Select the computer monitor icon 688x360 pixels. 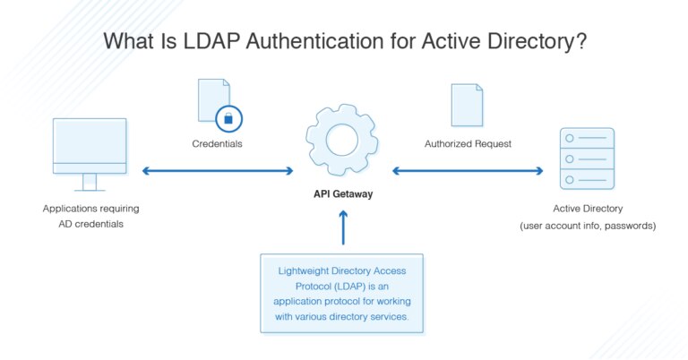tap(89, 148)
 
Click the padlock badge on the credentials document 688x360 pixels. tap(228, 116)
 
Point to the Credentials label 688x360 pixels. tap(217, 143)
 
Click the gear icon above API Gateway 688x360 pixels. tap(342, 141)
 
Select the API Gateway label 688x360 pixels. tap(342, 192)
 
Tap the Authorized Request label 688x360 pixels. tap(469, 143)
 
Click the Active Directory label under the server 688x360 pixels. tap(587, 209)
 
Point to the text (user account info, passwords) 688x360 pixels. tap(588, 226)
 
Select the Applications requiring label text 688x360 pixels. tap(90, 209)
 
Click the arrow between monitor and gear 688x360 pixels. tap(218, 170)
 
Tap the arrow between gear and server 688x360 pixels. tap(468, 170)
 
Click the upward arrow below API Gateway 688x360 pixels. tap(342, 228)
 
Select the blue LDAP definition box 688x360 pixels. tap(341, 292)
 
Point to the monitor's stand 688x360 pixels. tap(89, 182)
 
